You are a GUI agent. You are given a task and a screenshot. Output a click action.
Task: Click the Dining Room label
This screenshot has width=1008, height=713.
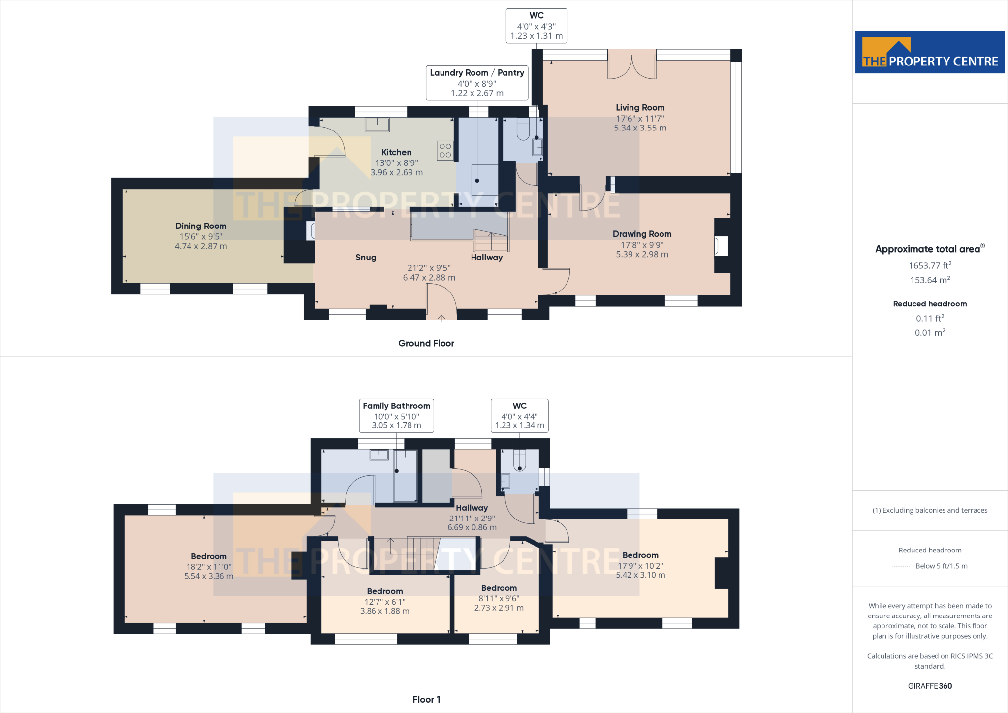pyautogui.click(x=201, y=226)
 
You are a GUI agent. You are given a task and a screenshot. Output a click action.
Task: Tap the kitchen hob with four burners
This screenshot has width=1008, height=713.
pyautogui.click(x=445, y=151)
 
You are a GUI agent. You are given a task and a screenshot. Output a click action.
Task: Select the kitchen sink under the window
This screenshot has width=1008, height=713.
pyautogui.click(x=377, y=125)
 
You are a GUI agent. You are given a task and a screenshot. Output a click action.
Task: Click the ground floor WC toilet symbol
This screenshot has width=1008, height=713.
pyautogui.click(x=523, y=129)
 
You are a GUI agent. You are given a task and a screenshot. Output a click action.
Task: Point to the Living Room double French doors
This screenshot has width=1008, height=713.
pyautogui.click(x=632, y=65)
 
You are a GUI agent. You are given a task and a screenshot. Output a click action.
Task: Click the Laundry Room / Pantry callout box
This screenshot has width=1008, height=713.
pyautogui.click(x=477, y=83)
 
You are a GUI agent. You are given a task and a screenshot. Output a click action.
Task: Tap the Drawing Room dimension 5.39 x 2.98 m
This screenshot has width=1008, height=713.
pyautogui.click(x=642, y=255)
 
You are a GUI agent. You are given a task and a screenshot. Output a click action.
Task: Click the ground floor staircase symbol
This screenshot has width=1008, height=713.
pyautogui.click(x=491, y=240)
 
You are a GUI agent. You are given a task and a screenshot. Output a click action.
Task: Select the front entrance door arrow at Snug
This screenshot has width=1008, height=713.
pyautogui.click(x=441, y=318)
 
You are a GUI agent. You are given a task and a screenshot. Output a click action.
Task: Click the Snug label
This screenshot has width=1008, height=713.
pyautogui.click(x=366, y=258)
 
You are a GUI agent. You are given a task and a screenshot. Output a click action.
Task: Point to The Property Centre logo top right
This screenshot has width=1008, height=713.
pyautogui.click(x=930, y=52)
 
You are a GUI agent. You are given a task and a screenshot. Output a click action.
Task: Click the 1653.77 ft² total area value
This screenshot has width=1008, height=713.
pyautogui.click(x=930, y=266)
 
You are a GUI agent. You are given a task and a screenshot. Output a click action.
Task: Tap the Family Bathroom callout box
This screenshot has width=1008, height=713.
pyautogui.click(x=396, y=416)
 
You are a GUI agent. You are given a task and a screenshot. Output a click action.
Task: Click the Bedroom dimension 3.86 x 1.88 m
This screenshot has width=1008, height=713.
pyautogui.click(x=385, y=611)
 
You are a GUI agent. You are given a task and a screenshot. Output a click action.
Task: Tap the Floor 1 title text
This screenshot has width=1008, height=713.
pyautogui.click(x=426, y=699)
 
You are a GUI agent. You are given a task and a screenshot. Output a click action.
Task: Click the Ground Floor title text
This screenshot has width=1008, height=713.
pyautogui.click(x=426, y=343)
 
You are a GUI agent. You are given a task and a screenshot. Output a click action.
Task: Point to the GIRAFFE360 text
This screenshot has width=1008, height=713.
pyautogui.click(x=930, y=686)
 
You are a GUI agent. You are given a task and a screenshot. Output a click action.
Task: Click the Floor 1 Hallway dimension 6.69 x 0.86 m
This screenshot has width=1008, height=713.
pyautogui.click(x=472, y=527)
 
